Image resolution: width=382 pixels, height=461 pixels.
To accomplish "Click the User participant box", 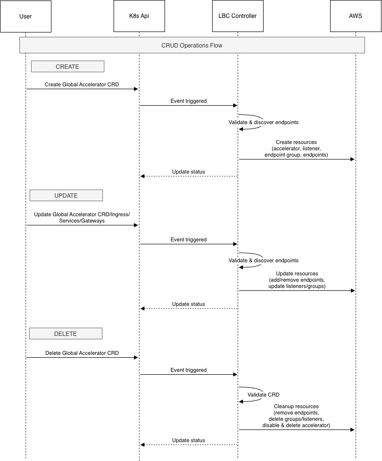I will (25, 16).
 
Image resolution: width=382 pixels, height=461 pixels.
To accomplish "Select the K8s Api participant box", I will (139, 16).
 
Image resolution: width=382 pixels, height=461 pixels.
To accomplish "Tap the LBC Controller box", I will (237, 16).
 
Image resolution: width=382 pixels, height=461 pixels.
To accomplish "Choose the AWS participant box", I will (355, 16).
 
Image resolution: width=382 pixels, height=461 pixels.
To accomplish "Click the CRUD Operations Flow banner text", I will (192, 46).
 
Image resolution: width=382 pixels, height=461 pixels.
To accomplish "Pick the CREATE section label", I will (67, 66).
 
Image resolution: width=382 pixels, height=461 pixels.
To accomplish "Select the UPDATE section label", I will (66, 195).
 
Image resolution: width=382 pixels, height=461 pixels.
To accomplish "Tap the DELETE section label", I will (66, 334).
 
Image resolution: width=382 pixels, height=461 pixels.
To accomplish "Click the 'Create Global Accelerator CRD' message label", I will (82, 84).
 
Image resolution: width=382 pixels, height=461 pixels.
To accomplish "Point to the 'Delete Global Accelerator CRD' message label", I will (82, 353).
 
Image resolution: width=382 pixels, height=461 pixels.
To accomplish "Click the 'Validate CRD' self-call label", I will (264, 395).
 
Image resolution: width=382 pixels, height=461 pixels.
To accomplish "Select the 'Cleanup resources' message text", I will (296, 406).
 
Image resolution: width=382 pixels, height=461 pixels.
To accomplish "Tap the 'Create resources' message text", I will (296, 143).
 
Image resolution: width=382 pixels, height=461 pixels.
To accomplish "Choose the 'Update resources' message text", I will (297, 273).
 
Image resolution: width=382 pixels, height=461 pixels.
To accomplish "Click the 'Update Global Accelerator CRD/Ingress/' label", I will (82, 214).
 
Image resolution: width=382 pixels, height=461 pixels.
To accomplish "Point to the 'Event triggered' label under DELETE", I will (188, 370).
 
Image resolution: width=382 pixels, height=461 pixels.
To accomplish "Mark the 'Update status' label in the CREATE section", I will (188, 172).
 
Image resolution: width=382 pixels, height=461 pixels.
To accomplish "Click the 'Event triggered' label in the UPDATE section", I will (188, 239).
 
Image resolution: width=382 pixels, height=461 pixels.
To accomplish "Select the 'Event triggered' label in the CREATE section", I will (188, 101).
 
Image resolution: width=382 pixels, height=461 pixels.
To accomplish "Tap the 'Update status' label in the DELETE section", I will (188, 440).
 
